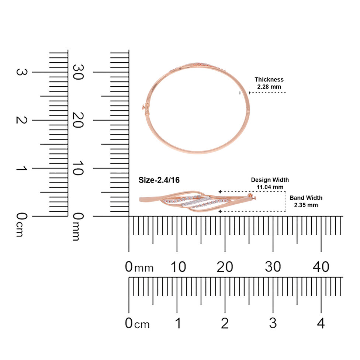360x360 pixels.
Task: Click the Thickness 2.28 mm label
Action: [269, 83]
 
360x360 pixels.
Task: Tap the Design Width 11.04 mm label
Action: [270, 183]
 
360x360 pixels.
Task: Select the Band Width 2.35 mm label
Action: [306, 201]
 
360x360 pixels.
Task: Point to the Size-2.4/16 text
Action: [159, 180]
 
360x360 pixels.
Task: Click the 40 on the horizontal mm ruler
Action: [321, 267]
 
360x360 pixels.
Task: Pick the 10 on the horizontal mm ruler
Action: [178, 267]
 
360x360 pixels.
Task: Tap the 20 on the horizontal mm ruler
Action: [225, 267]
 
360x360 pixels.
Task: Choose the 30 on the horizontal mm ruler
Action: [273, 267]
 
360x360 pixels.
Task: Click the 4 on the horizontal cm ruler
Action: [321, 323]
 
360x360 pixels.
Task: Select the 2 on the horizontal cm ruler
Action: [225, 323]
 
